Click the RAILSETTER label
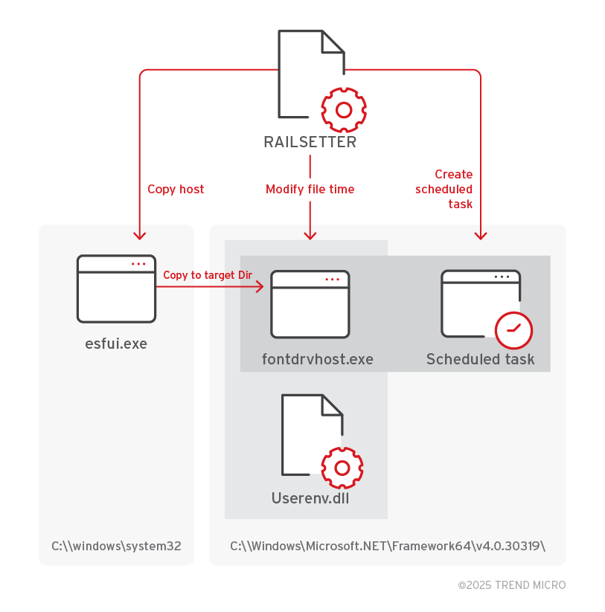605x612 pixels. (x=310, y=142)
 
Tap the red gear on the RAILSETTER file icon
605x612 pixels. (x=343, y=110)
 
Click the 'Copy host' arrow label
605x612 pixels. (x=176, y=189)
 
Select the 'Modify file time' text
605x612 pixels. (x=310, y=189)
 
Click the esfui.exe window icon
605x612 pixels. (x=117, y=289)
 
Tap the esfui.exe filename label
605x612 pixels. (x=116, y=344)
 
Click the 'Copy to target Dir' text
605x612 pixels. (x=208, y=275)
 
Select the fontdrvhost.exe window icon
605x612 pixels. (x=310, y=303)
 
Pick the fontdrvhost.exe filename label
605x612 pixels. (x=318, y=360)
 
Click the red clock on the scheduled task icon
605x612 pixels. (x=513, y=329)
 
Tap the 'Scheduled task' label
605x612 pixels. (x=480, y=360)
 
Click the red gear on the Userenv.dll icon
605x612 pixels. (x=342, y=468)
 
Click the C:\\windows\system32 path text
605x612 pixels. (x=116, y=546)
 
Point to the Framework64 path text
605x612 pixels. (x=388, y=546)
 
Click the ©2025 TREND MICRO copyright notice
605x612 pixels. (x=511, y=585)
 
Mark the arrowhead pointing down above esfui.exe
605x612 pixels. (x=139, y=235)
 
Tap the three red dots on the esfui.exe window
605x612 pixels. (x=139, y=264)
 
